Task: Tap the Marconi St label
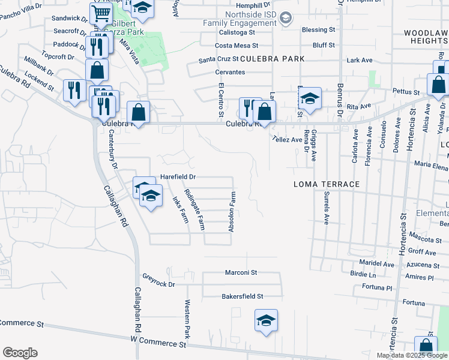[x=241, y=272]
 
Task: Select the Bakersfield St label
[x=243, y=296]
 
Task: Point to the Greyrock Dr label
[x=158, y=280]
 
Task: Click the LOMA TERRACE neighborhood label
[x=326, y=184]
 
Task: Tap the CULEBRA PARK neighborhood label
[x=273, y=59]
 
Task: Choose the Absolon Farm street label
[x=232, y=212]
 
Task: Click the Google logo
[x=20, y=353]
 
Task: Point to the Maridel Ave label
[x=376, y=264]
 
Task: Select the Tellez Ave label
[x=286, y=139]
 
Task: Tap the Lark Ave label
[x=360, y=60]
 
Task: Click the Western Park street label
[x=187, y=317]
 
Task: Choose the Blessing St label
[x=318, y=29]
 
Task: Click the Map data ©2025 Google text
[x=411, y=355]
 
